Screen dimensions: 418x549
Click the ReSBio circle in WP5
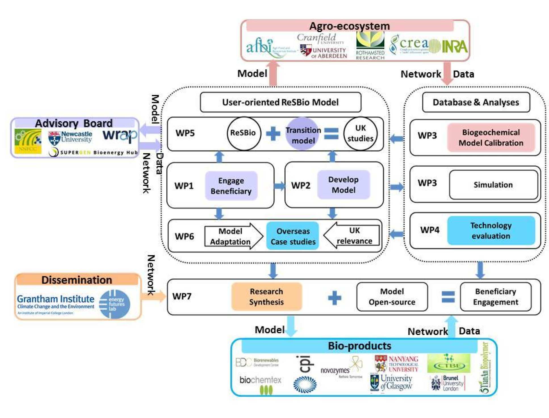coord(243,133)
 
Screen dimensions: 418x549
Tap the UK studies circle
coord(360,133)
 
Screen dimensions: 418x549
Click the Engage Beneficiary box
coord(231,186)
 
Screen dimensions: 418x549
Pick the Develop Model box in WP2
coord(343,185)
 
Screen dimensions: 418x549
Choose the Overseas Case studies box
coord(293,236)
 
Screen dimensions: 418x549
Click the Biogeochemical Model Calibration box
coord(491,138)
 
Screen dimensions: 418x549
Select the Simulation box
coord(493,185)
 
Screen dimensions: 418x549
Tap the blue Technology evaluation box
coord(491,231)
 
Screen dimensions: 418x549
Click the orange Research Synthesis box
coord(266,297)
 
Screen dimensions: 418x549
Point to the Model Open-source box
coord(392,297)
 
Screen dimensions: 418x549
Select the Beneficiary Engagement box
coord(495,297)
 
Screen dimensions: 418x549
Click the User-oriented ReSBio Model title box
coord(280,102)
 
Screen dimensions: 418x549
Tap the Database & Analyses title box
coord(475,102)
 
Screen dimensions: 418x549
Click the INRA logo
coord(454,46)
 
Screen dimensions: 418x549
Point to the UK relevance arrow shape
coord(352,235)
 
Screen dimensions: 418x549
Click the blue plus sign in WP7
coord(334,298)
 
